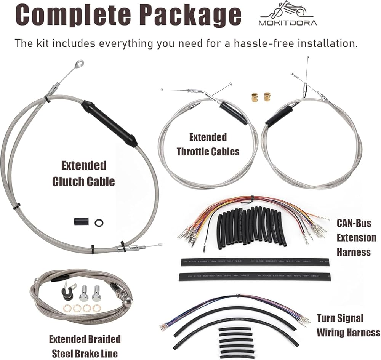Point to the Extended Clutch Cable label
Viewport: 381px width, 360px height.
83,173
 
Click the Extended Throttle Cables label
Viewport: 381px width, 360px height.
208,144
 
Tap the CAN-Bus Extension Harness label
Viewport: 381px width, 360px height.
356,237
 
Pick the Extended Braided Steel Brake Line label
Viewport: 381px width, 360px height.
84,345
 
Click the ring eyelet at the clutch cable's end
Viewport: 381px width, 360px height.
79,64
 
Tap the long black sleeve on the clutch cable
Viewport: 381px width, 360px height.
109,123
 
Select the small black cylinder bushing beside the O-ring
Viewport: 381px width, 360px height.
82,221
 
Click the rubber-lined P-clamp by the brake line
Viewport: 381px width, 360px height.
69,292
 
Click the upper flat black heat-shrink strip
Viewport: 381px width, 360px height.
255,262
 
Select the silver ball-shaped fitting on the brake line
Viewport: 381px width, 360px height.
129,300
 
